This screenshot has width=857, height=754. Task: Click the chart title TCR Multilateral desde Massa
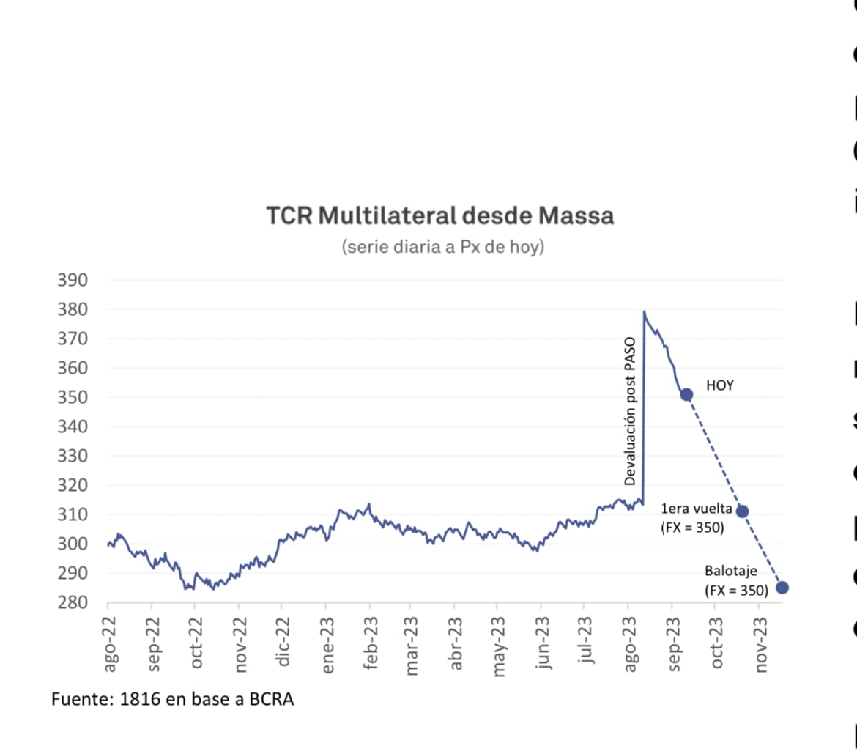439,217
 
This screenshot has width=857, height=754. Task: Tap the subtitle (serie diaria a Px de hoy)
442,247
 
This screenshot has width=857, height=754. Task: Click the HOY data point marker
686,394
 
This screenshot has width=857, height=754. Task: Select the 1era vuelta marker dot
742,511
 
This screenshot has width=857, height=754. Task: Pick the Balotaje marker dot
782,587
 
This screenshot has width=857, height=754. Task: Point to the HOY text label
719,385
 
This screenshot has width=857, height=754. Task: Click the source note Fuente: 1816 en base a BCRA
172,700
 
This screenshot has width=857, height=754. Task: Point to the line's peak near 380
644,311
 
